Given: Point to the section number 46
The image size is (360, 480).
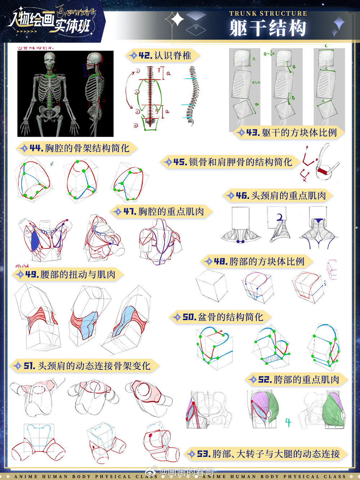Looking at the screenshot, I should coord(243,196).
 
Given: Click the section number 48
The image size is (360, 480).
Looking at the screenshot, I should coord(221,261).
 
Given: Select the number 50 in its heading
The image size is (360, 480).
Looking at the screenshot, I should coord(189,317).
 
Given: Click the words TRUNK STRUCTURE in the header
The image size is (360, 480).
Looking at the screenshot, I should coord(268,14).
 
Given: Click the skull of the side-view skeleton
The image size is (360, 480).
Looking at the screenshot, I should coord(95,60).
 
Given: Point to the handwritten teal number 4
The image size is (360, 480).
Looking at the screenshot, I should coord(288,422).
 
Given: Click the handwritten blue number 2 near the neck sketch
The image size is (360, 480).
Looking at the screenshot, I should coord(280,217).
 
